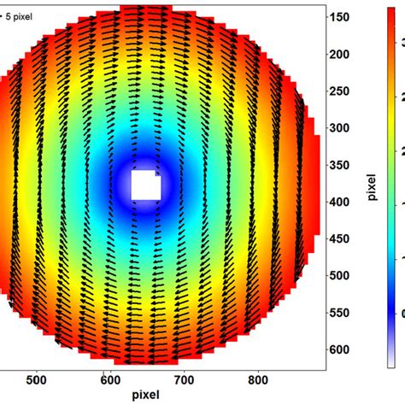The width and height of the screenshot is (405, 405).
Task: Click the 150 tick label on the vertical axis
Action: tap(345, 17)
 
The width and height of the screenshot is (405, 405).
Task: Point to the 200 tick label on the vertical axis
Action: tap(345, 54)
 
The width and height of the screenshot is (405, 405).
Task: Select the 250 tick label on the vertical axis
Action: tap(345, 91)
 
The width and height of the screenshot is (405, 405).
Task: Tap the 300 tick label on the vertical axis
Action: tap(345, 127)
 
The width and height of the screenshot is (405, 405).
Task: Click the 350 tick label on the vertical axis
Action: tap(345, 164)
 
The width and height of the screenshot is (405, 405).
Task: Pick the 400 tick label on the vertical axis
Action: tap(345, 202)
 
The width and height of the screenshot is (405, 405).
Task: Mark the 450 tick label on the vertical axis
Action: tap(345, 238)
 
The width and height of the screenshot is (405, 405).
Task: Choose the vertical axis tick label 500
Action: tap(345, 275)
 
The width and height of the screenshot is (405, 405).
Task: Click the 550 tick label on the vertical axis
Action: tap(345, 312)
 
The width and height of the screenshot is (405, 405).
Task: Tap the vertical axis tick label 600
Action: tap(345, 349)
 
